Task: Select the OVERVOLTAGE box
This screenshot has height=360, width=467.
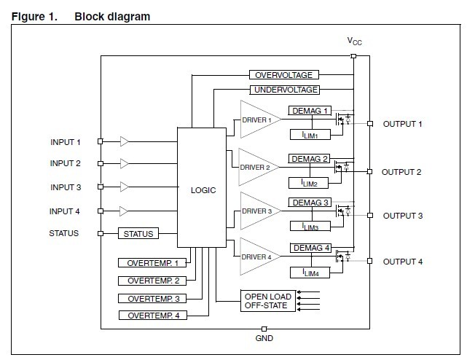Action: pos(284,75)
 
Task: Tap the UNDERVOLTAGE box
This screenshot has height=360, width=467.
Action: pos(286,90)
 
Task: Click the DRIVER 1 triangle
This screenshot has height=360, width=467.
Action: pos(257,120)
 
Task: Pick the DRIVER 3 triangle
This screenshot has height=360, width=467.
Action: pos(257,211)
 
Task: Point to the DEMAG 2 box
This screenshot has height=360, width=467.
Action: pos(310,158)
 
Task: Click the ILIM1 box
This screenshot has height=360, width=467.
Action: pos(310,135)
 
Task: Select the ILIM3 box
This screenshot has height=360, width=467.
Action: pos(310,227)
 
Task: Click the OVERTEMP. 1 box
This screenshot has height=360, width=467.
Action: pos(152,262)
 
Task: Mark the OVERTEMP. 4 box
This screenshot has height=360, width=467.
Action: pos(152,316)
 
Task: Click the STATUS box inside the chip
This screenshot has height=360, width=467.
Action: pos(138,234)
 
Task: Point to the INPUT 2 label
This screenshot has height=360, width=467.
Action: pos(66,163)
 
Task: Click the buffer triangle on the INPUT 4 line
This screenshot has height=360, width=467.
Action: pos(125,211)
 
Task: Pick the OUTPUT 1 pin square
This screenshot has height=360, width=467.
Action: pos(369,123)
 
